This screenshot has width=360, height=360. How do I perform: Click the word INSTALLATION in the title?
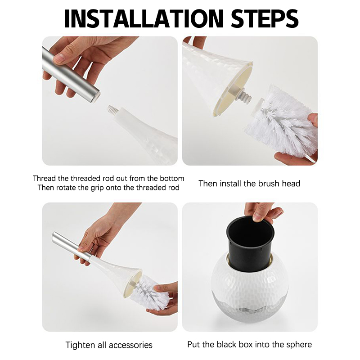pos(144,18)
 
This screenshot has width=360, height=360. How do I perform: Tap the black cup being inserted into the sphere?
pos(250,243)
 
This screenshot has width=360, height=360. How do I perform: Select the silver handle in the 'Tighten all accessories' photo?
pos(71,246)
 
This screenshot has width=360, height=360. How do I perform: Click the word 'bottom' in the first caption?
pos(172,178)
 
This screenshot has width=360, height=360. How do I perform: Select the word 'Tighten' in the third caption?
pos(80,345)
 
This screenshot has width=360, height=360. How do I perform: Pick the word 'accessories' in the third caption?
pos(130,345)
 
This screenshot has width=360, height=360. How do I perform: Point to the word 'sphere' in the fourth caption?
pos(299,345)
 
